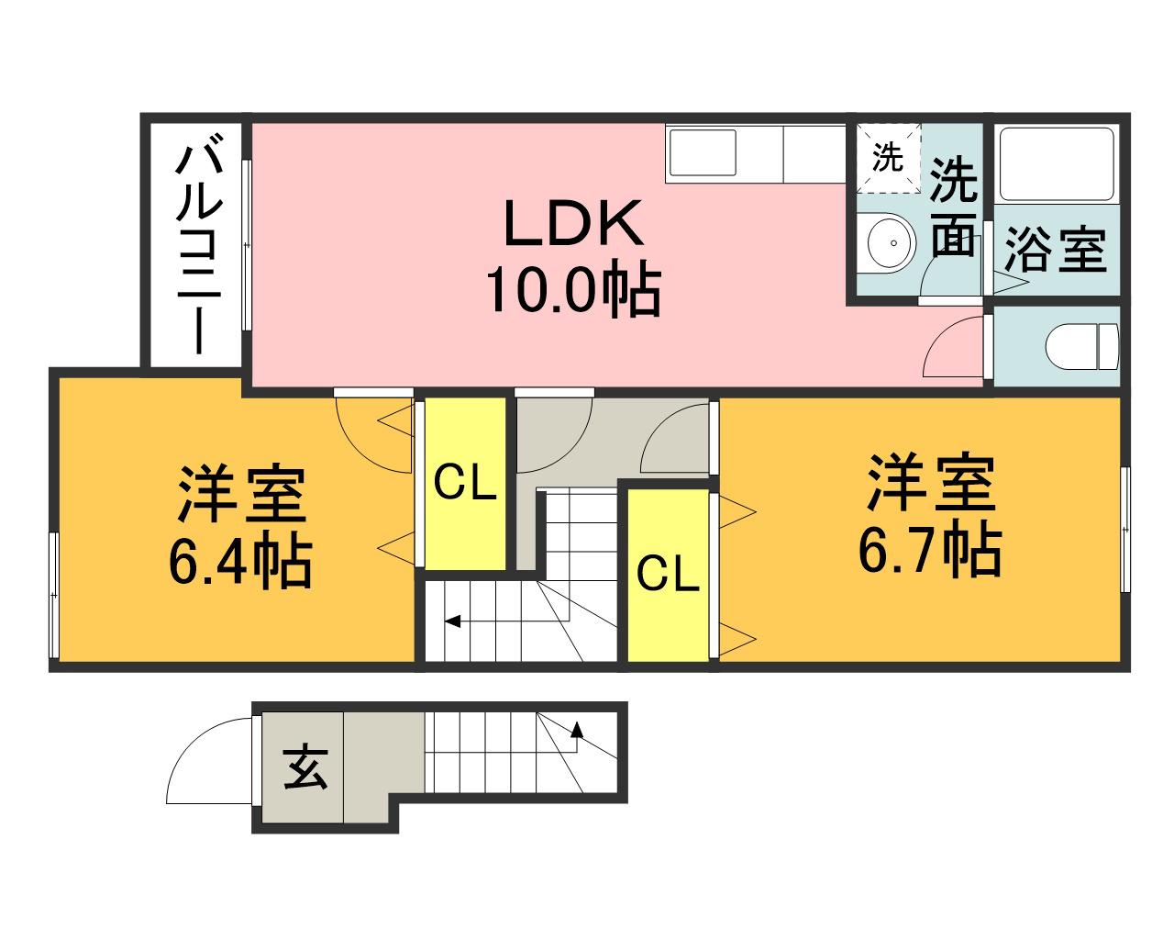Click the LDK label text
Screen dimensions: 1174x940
pyautogui.click(x=573, y=223)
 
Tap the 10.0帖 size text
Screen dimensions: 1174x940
pyautogui.click(x=573, y=288)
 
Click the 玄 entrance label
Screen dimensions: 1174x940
pyautogui.click(x=305, y=767)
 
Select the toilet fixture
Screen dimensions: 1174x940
pyautogui.click(x=1081, y=346)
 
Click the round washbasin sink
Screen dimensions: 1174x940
pyautogui.click(x=887, y=242)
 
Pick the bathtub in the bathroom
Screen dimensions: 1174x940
pyautogui.click(x=1057, y=164)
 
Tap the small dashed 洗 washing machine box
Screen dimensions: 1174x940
pyautogui.click(x=888, y=158)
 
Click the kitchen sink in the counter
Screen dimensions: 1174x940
pyautogui.click(x=703, y=152)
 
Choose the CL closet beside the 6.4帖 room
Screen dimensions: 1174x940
pyautogui.click(x=465, y=483)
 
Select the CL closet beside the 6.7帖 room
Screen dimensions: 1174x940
pyautogui.click(x=668, y=576)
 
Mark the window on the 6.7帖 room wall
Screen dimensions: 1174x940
pyautogui.click(x=1124, y=530)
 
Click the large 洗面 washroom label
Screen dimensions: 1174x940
pyautogui.click(x=953, y=207)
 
